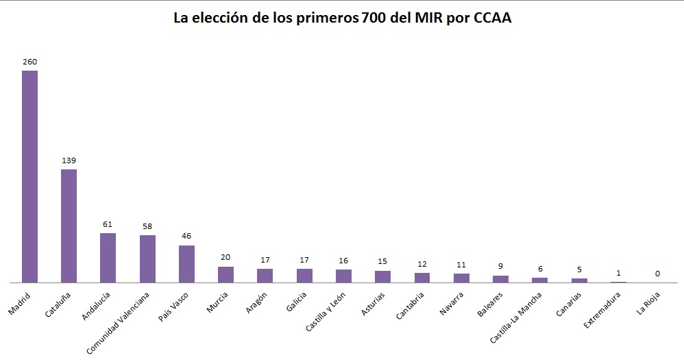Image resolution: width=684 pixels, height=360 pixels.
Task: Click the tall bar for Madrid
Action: point(29,176)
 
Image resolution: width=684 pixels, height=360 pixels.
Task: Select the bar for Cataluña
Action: point(69,226)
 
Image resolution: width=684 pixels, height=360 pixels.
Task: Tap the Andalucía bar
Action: point(108,258)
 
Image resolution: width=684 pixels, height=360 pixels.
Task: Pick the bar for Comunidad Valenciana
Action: point(147,259)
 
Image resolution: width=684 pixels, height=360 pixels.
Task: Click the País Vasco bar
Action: point(186,264)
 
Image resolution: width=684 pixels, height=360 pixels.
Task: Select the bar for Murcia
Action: point(225,274)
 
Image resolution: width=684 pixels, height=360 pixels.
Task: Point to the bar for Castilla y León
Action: point(343,276)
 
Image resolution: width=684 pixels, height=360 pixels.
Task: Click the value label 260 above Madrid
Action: point(29,62)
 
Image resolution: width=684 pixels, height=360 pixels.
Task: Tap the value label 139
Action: point(69,160)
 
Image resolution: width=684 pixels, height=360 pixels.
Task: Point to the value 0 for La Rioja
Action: point(657,274)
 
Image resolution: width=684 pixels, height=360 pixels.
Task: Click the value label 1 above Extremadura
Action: point(618,273)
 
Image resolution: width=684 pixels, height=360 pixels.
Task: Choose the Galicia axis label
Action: point(296,302)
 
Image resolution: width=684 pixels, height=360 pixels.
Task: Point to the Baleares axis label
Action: point(491,304)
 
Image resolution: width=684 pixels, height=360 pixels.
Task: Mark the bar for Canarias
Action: point(579,280)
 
